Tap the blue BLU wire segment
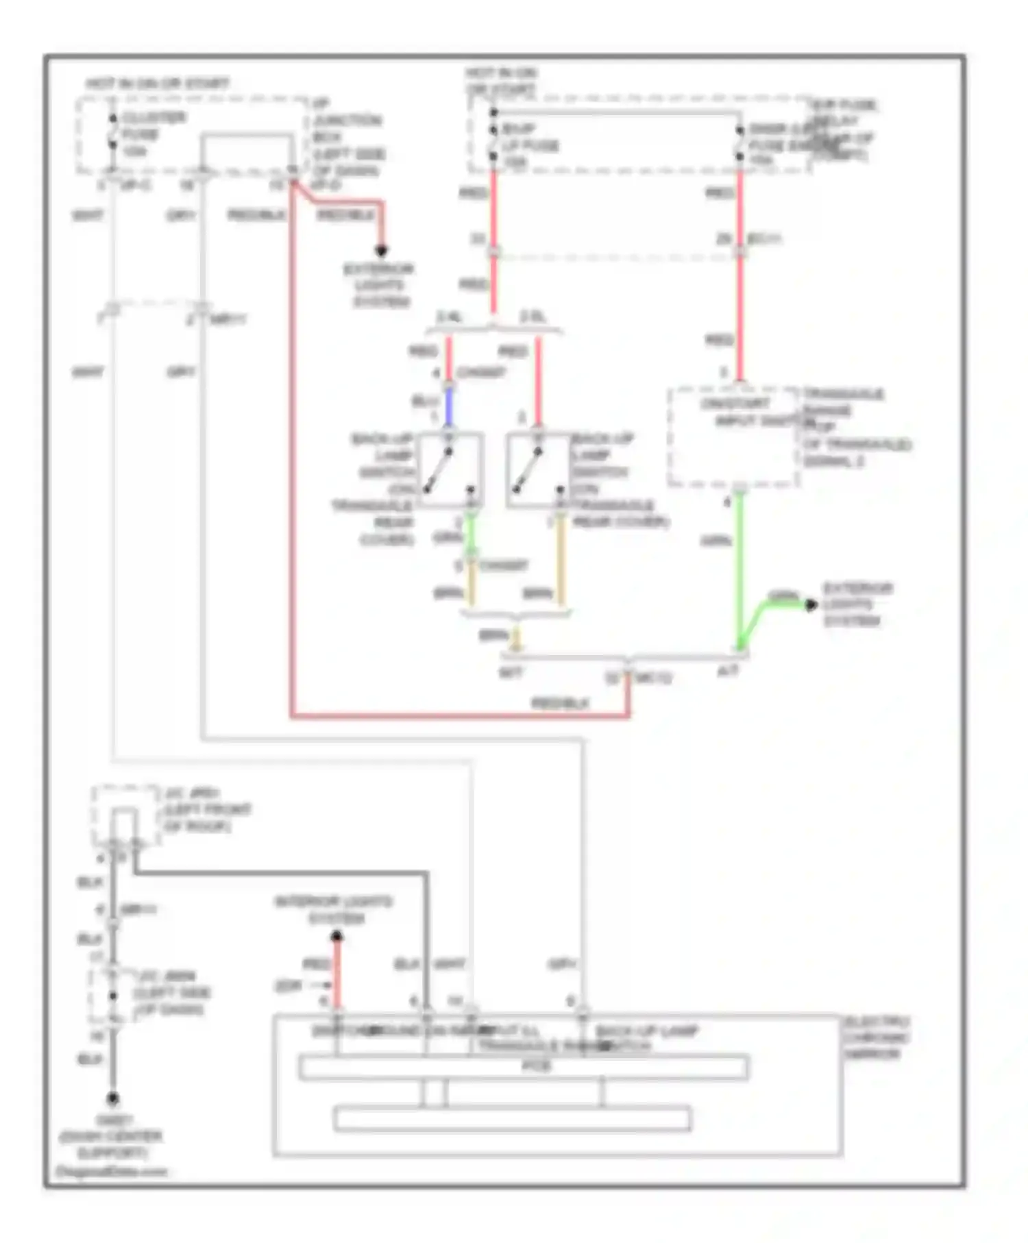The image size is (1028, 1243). [449, 406]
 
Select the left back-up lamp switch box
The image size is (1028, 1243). [449, 471]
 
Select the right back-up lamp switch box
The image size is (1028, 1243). [538, 471]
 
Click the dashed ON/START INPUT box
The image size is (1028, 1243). [733, 437]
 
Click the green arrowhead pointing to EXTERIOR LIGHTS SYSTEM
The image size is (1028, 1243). [811, 604]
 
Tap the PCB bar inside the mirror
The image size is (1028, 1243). [523, 1068]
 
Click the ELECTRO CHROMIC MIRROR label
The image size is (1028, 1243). [876, 1037]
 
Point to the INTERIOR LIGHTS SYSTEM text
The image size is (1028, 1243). [334, 909]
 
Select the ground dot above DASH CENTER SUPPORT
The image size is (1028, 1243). [113, 1098]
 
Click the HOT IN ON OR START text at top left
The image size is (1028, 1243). [158, 84]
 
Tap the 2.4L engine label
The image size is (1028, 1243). [450, 317]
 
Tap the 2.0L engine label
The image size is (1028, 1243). [533, 317]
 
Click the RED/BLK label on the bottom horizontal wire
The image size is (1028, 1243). [560, 703]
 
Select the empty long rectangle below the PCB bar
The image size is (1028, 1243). [512, 1119]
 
